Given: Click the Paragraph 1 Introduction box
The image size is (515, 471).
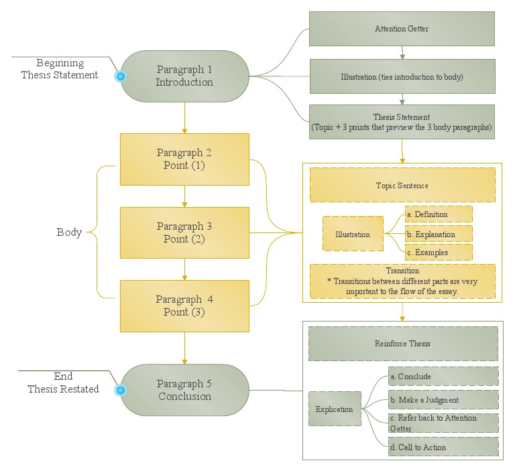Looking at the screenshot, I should pyautogui.click(x=184, y=76).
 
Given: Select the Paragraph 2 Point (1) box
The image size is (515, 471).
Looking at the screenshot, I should pyautogui.click(x=184, y=159).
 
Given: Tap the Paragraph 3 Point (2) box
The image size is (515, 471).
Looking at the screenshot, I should pyautogui.click(x=184, y=232).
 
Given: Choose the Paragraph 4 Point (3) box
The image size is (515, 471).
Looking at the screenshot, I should pyautogui.click(x=184, y=306).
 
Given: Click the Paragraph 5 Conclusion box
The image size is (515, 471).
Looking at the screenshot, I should pyautogui.click(x=184, y=390).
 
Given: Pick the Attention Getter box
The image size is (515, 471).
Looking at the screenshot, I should pyautogui.click(x=402, y=29).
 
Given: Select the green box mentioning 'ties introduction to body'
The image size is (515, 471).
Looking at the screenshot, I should pyautogui.click(x=402, y=76).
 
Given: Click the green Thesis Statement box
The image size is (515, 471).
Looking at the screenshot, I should pyautogui.click(x=402, y=121).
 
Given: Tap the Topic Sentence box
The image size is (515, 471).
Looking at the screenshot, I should pyautogui.click(x=402, y=185).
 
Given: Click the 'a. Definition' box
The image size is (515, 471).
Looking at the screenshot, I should pyautogui.click(x=439, y=214).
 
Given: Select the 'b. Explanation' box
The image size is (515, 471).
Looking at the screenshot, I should pyautogui.click(x=439, y=234).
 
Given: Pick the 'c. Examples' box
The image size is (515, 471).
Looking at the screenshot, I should pyautogui.click(x=439, y=253).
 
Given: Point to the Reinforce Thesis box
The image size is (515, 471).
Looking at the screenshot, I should pyautogui.click(x=402, y=344).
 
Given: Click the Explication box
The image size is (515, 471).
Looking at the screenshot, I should pyautogui.click(x=334, y=409).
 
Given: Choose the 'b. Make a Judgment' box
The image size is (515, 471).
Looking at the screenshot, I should pyautogui.click(x=443, y=400).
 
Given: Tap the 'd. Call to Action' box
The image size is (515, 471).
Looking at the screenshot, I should pyautogui.click(x=443, y=447).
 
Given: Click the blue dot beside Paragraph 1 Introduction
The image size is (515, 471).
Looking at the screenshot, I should pyautogui.click(x=121, y=76).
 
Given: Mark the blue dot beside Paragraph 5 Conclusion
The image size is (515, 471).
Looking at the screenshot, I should pyautogui.click(x=121, y=390).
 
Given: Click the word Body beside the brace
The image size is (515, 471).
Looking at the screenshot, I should pyautogui.click(x=69, y=232).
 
